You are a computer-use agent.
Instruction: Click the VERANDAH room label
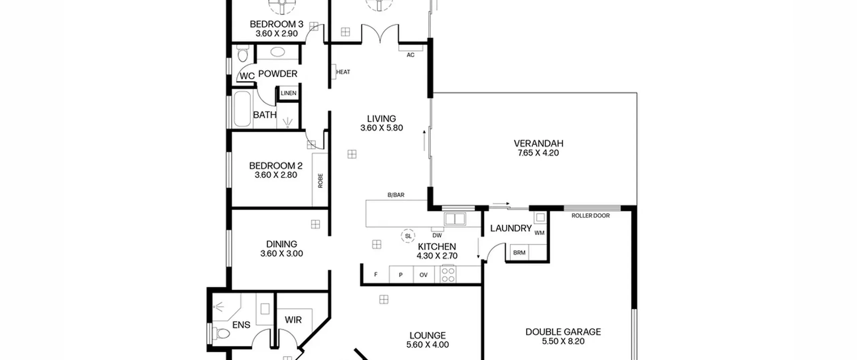pyautogui.click(x=538, y=144)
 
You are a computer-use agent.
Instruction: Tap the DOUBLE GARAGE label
pyautogui.click(x=563, y=332)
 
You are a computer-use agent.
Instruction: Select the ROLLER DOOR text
pyautogui.click(x=591, y=216)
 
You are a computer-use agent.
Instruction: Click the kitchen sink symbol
pyautogui.click(x=455, y=219)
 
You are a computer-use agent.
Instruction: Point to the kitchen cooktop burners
pyautogui.click(x=448, y=274)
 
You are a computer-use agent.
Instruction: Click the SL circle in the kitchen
pyautogui.click(x=408, y=236)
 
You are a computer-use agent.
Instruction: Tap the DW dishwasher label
pyautogui.click(x=437, y=235)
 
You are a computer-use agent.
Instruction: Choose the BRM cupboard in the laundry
pyautogui.click(x=519, y=253)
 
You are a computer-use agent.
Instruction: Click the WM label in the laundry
pyautogui.click(x=539, y=233)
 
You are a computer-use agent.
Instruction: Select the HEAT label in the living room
pyautogui.click(x=343, y=72)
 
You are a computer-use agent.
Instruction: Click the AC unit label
pyautogui.click(x=410, y=55)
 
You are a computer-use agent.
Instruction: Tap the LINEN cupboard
pyautogui.click(x=288, y=93)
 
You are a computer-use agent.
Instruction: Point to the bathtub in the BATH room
pyautogui.click(x=242, y=109)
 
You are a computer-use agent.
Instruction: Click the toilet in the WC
pyautogui.click(x=242, y=55)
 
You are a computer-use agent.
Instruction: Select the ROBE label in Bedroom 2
pyautogui.click(x=320, y=181)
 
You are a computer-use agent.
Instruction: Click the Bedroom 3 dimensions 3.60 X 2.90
pyautogui.click(x=277, y=33)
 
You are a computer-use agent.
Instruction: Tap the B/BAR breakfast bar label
pyautogui.click(x=396, y=195)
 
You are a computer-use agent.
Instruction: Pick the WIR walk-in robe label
pyautogui.click(x=293, y=320)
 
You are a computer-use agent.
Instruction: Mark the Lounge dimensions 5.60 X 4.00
pyautogui.click(x=427, y=345)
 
